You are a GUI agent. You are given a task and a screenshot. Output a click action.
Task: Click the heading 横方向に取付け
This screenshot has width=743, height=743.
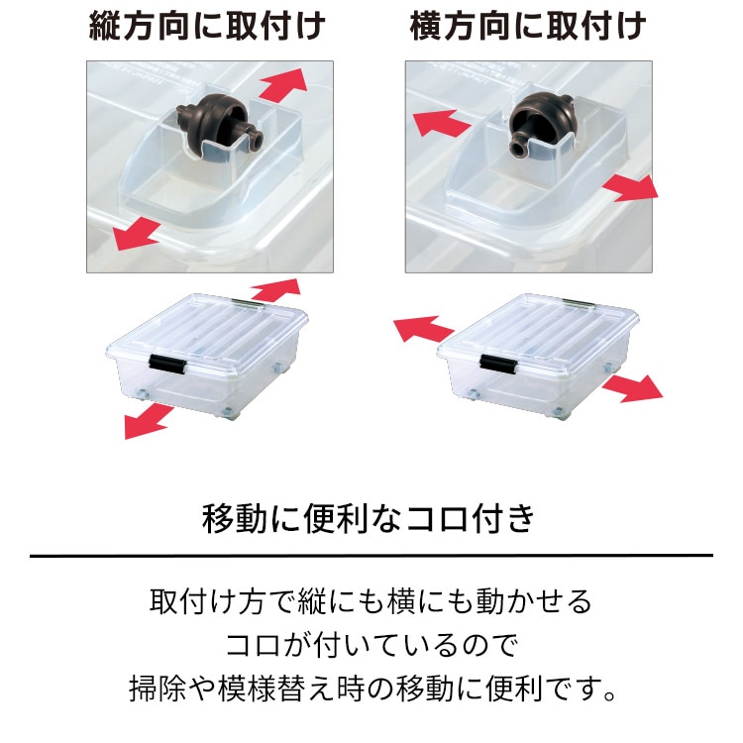(x=528, y=26)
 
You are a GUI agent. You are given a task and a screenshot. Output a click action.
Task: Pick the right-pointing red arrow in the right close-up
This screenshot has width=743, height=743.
(x=629, y=185)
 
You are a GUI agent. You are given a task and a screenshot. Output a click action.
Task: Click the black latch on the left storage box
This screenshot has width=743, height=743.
(x=167, y=365)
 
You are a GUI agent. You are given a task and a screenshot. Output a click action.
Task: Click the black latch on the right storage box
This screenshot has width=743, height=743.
(x=497, y=365)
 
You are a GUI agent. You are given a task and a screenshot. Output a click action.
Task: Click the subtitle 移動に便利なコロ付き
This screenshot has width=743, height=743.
(x=370, y=517)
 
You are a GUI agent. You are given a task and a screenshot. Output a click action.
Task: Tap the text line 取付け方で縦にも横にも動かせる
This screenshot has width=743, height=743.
(x=371, y=601)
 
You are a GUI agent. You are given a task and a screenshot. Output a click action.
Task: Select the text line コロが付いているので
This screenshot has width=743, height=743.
(x=371, y=644)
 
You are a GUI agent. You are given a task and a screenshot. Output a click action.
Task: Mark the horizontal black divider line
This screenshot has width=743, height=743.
(x=371, y=555)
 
